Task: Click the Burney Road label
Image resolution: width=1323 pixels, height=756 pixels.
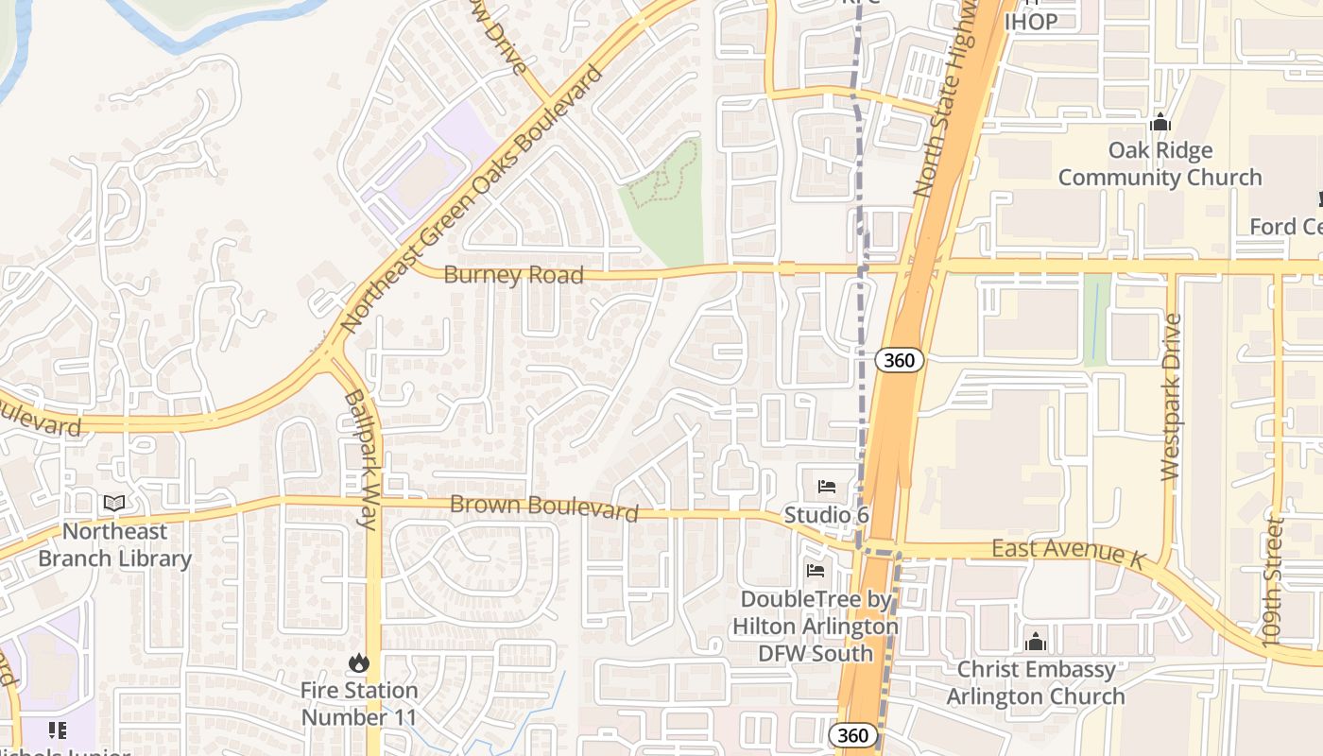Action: (x=513, y=276)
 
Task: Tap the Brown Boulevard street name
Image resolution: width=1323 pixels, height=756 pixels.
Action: (x=543, y=507)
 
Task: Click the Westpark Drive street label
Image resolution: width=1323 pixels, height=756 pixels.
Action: (x=1171, y=397)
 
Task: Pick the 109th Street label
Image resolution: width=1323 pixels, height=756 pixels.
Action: (x=1275, y=581)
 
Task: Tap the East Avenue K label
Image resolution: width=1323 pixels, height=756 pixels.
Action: (x=1067, y=554)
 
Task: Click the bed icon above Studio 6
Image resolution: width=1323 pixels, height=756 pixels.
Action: (x=827, y=488)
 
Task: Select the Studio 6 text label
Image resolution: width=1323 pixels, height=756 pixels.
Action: (x=826, y=515)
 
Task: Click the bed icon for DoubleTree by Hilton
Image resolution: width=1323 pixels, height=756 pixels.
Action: (x=816, y=571)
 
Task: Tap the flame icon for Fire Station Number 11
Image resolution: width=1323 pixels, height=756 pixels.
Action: (x=358, y=663)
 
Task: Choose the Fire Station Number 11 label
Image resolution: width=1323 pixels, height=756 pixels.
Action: (x=358, y=704)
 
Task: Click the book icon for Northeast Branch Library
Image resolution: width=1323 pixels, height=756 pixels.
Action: (x=114, y=504)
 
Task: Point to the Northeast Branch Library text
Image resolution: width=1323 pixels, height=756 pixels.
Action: (x=114, y=545)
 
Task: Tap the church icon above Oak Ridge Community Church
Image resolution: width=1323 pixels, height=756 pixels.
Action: (x=1160, y=123)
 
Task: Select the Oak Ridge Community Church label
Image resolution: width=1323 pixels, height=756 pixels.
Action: (x=1160, y=163)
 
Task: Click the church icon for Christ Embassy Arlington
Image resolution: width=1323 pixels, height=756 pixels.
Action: (x=1036, y=643)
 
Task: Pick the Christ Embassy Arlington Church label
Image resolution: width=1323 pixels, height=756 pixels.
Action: (x=1036, y=683)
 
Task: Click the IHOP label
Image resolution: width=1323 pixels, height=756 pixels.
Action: (x=1031, y=22)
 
